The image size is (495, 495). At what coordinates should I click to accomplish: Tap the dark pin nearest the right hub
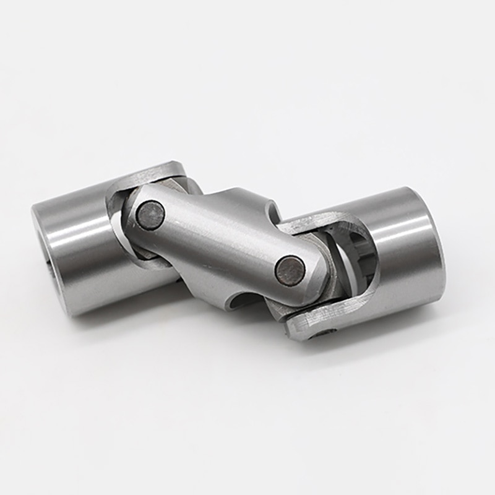click(x=290, y=270)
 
